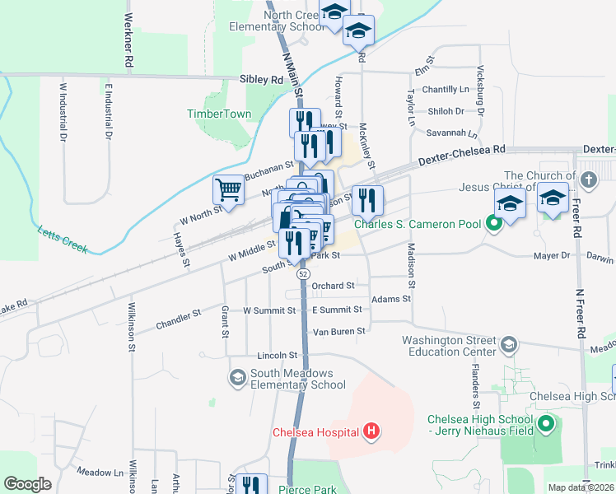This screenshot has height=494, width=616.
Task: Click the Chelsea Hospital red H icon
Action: [371, 431]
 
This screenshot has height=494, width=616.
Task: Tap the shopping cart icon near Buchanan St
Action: [228, 189]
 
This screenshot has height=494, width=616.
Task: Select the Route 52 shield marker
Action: [304, 273]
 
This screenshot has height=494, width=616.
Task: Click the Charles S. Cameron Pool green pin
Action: [494, 222]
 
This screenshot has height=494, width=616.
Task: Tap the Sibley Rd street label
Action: [261, 80]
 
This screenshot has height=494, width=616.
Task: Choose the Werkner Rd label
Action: [128, 40]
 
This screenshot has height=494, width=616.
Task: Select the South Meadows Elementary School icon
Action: [237, 377]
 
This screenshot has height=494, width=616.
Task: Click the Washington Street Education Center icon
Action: [509, 343]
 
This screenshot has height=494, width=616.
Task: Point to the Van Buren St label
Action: [338, 331]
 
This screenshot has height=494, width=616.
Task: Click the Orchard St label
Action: [333, 286]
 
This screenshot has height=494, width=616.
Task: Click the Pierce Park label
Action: [307, 489]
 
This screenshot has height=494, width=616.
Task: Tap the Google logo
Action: [27, 484]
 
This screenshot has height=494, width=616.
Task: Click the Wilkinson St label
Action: [131, 327]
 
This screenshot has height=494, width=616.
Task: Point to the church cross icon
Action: [588, 179]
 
